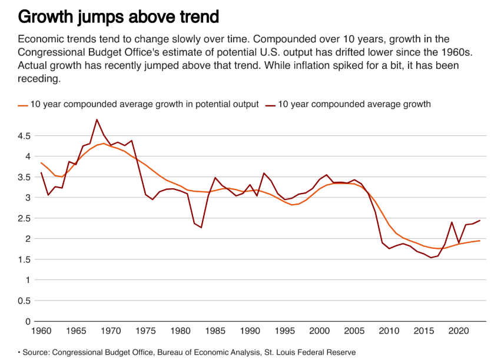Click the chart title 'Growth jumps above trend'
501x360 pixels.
118,16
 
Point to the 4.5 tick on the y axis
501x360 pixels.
23,136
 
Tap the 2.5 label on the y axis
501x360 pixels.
23,218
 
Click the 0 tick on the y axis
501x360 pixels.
26,321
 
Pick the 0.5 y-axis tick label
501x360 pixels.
23,301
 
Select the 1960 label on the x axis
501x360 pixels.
41,331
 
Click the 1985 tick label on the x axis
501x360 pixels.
215,331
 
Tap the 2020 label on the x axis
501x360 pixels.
459,331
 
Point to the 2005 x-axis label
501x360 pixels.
354,331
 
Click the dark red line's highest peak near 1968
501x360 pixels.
97,119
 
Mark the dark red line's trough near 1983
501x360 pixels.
201,228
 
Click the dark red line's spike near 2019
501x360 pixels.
452,222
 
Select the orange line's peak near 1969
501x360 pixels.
104,144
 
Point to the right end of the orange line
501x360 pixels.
479,241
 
